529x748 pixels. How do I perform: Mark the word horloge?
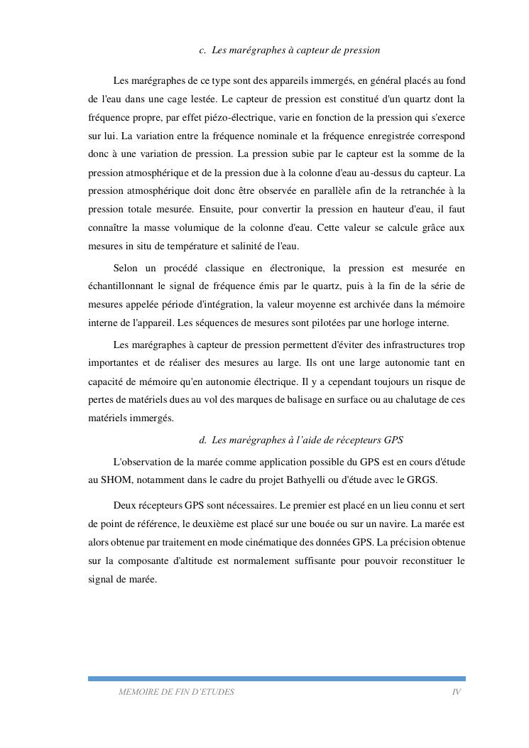(x=400, y=323)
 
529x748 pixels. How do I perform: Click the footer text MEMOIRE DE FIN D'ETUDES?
(x=176, y=692)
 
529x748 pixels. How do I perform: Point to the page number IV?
(x=456, y=692)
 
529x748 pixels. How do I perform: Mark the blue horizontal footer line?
(x=277, y=678)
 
